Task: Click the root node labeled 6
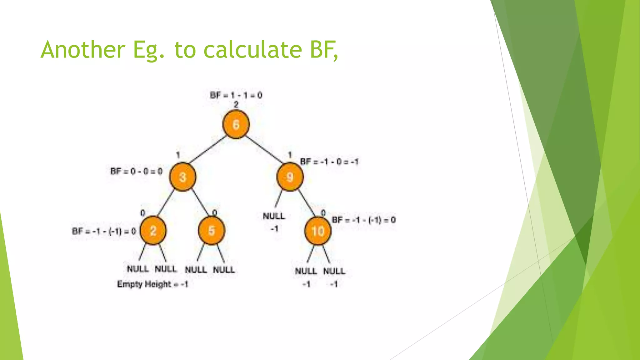(x=236, y=124)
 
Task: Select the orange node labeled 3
(x=183, y=177)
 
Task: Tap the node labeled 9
(x=290, y=177)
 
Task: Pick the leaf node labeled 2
(x=153, y=231)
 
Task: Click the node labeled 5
(x=212, y=231)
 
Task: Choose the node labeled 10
(x=318, y=231)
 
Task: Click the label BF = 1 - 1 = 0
(x=236, y=95)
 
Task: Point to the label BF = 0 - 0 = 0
(x=137, y=171)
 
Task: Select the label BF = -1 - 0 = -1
(x=329, y=162)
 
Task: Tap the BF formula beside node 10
(x=363, y=220)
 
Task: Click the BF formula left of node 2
(x=104, y=231)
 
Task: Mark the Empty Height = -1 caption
(x=152, y=284)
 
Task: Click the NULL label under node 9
(x=274, y=216)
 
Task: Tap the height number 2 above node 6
(x=236, y=105)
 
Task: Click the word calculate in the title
(x=252, y=50)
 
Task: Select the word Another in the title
(x=83, y=50)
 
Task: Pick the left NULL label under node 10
(x=306, y=271)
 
